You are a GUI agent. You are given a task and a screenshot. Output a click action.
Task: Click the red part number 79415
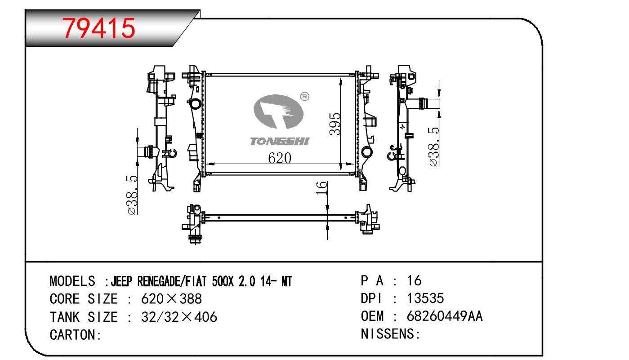click(99, 28)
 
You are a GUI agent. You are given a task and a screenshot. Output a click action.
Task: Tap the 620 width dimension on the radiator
click(279, 158)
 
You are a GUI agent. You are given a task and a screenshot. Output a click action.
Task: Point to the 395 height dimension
click(335, 124)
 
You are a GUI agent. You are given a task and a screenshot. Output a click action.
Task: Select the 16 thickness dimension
click(321, 188)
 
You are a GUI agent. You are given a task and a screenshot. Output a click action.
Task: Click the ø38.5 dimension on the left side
click(132, 196)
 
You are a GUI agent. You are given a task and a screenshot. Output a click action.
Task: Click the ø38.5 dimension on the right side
click(434, 147)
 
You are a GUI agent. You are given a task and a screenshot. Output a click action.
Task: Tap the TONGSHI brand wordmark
click(280, 142)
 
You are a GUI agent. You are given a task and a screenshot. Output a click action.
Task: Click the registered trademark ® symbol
click(305, 97)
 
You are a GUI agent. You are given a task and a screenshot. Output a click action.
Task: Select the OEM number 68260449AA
click(445, 316)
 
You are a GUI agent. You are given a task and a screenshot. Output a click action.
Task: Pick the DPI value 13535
click(425, 298)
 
